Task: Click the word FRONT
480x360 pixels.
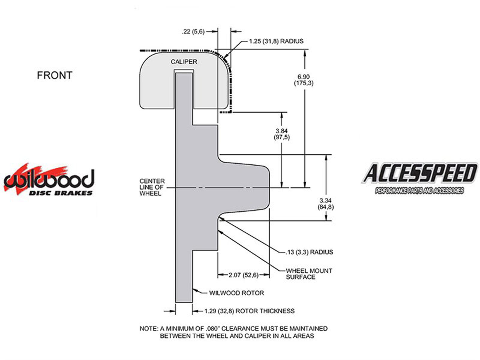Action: pyautogui.click(x=55, y=75)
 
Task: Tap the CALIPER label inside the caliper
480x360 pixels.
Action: pyautogui.click(x=184, y=62)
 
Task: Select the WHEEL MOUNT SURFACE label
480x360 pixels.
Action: pyautogui.click(x=309, y=274)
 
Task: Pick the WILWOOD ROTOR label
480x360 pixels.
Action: pyautogui.click(x=236, y=293)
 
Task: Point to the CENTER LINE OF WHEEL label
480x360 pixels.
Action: pyautogui.click(x=152, y=187)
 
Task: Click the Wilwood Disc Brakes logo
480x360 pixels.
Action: pyautogui.click(x=49, y=179)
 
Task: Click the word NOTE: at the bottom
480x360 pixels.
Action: pyautogui.click(x=149, y=328)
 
